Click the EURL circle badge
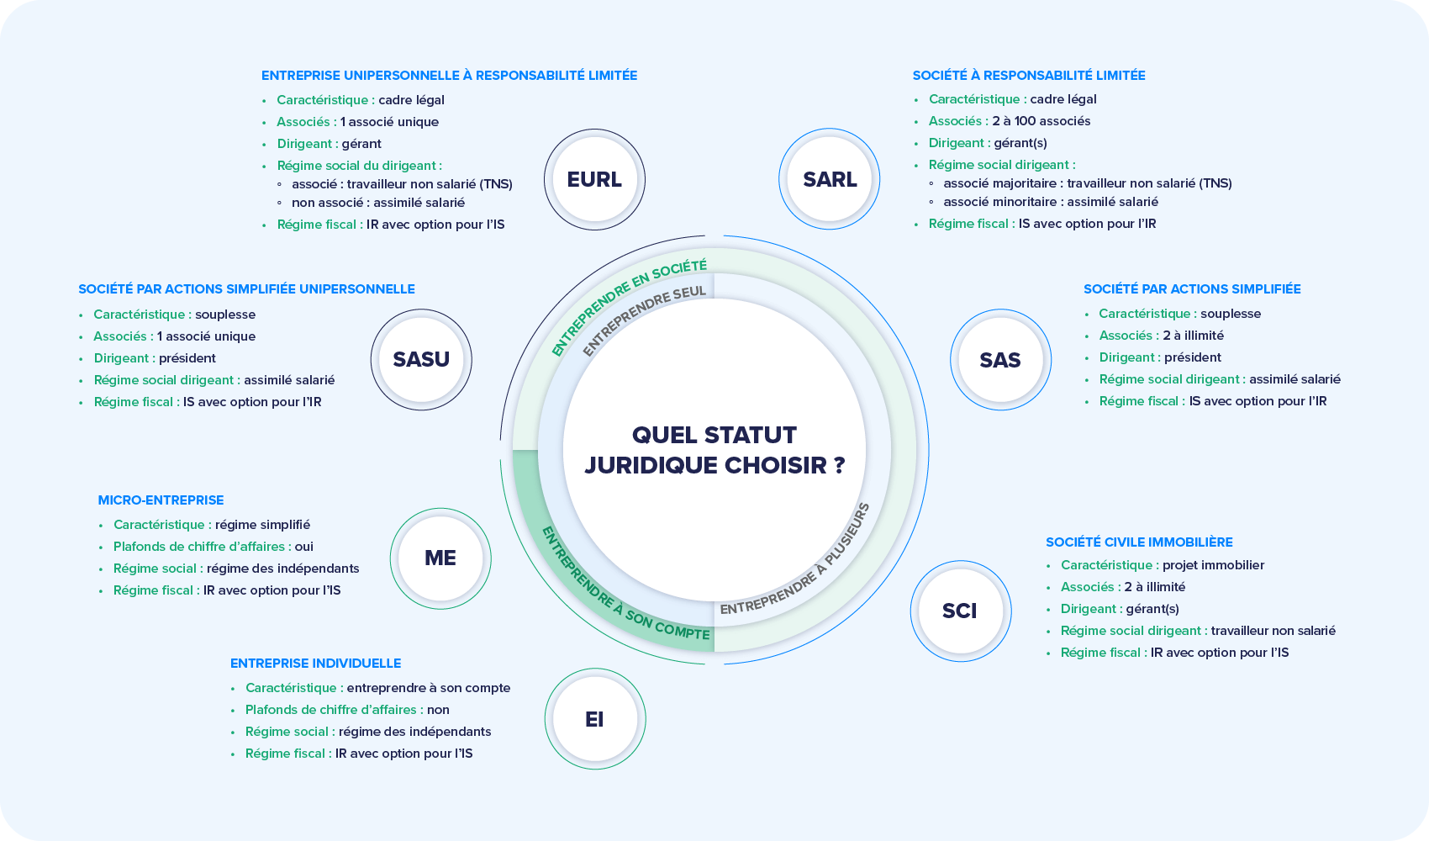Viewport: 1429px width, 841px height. click(x=594, y=179)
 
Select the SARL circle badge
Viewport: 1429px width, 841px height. click(x=830, y=179)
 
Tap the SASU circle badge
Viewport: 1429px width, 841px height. click(x=421, y=360)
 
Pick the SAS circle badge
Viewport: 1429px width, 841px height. click(x=1000, y=360)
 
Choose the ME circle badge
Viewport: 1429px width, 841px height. click(x=440, y=558)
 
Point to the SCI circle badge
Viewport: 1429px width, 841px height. click(x=960, y=611)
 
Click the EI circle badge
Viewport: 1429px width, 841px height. click(x=594, y=719)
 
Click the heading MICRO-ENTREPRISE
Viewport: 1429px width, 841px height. click(x=161, y=500)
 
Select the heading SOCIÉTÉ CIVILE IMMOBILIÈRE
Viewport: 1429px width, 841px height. click(x=1139, y=542)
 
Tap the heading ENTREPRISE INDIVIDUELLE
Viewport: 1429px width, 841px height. click(x=315, y=664)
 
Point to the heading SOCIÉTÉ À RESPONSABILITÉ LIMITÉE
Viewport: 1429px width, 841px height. click(x=1029, y=76)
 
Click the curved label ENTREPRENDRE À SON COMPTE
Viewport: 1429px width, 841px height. click(x=623, y=589)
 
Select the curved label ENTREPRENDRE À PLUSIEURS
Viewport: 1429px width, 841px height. click(x=799, y=563)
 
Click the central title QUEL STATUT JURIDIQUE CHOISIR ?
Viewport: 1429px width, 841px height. click(x=714, y=450)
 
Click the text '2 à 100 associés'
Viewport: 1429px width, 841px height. click(x=1041, y=121)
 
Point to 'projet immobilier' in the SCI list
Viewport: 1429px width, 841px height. click(x=1213, y=565)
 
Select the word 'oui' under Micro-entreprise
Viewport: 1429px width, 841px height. click(x=303, y=547)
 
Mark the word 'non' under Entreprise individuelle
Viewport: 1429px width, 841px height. click(x=438, y=710)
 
